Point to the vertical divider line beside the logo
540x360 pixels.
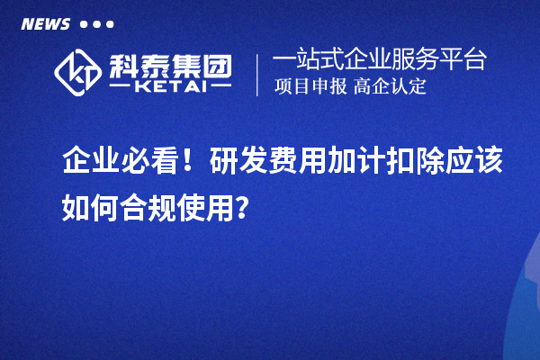[x=258, y=75]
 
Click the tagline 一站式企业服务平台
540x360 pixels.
[x=380, y=61]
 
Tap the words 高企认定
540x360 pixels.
[x=390, y=87]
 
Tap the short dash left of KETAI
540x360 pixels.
[x=123, y=88]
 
